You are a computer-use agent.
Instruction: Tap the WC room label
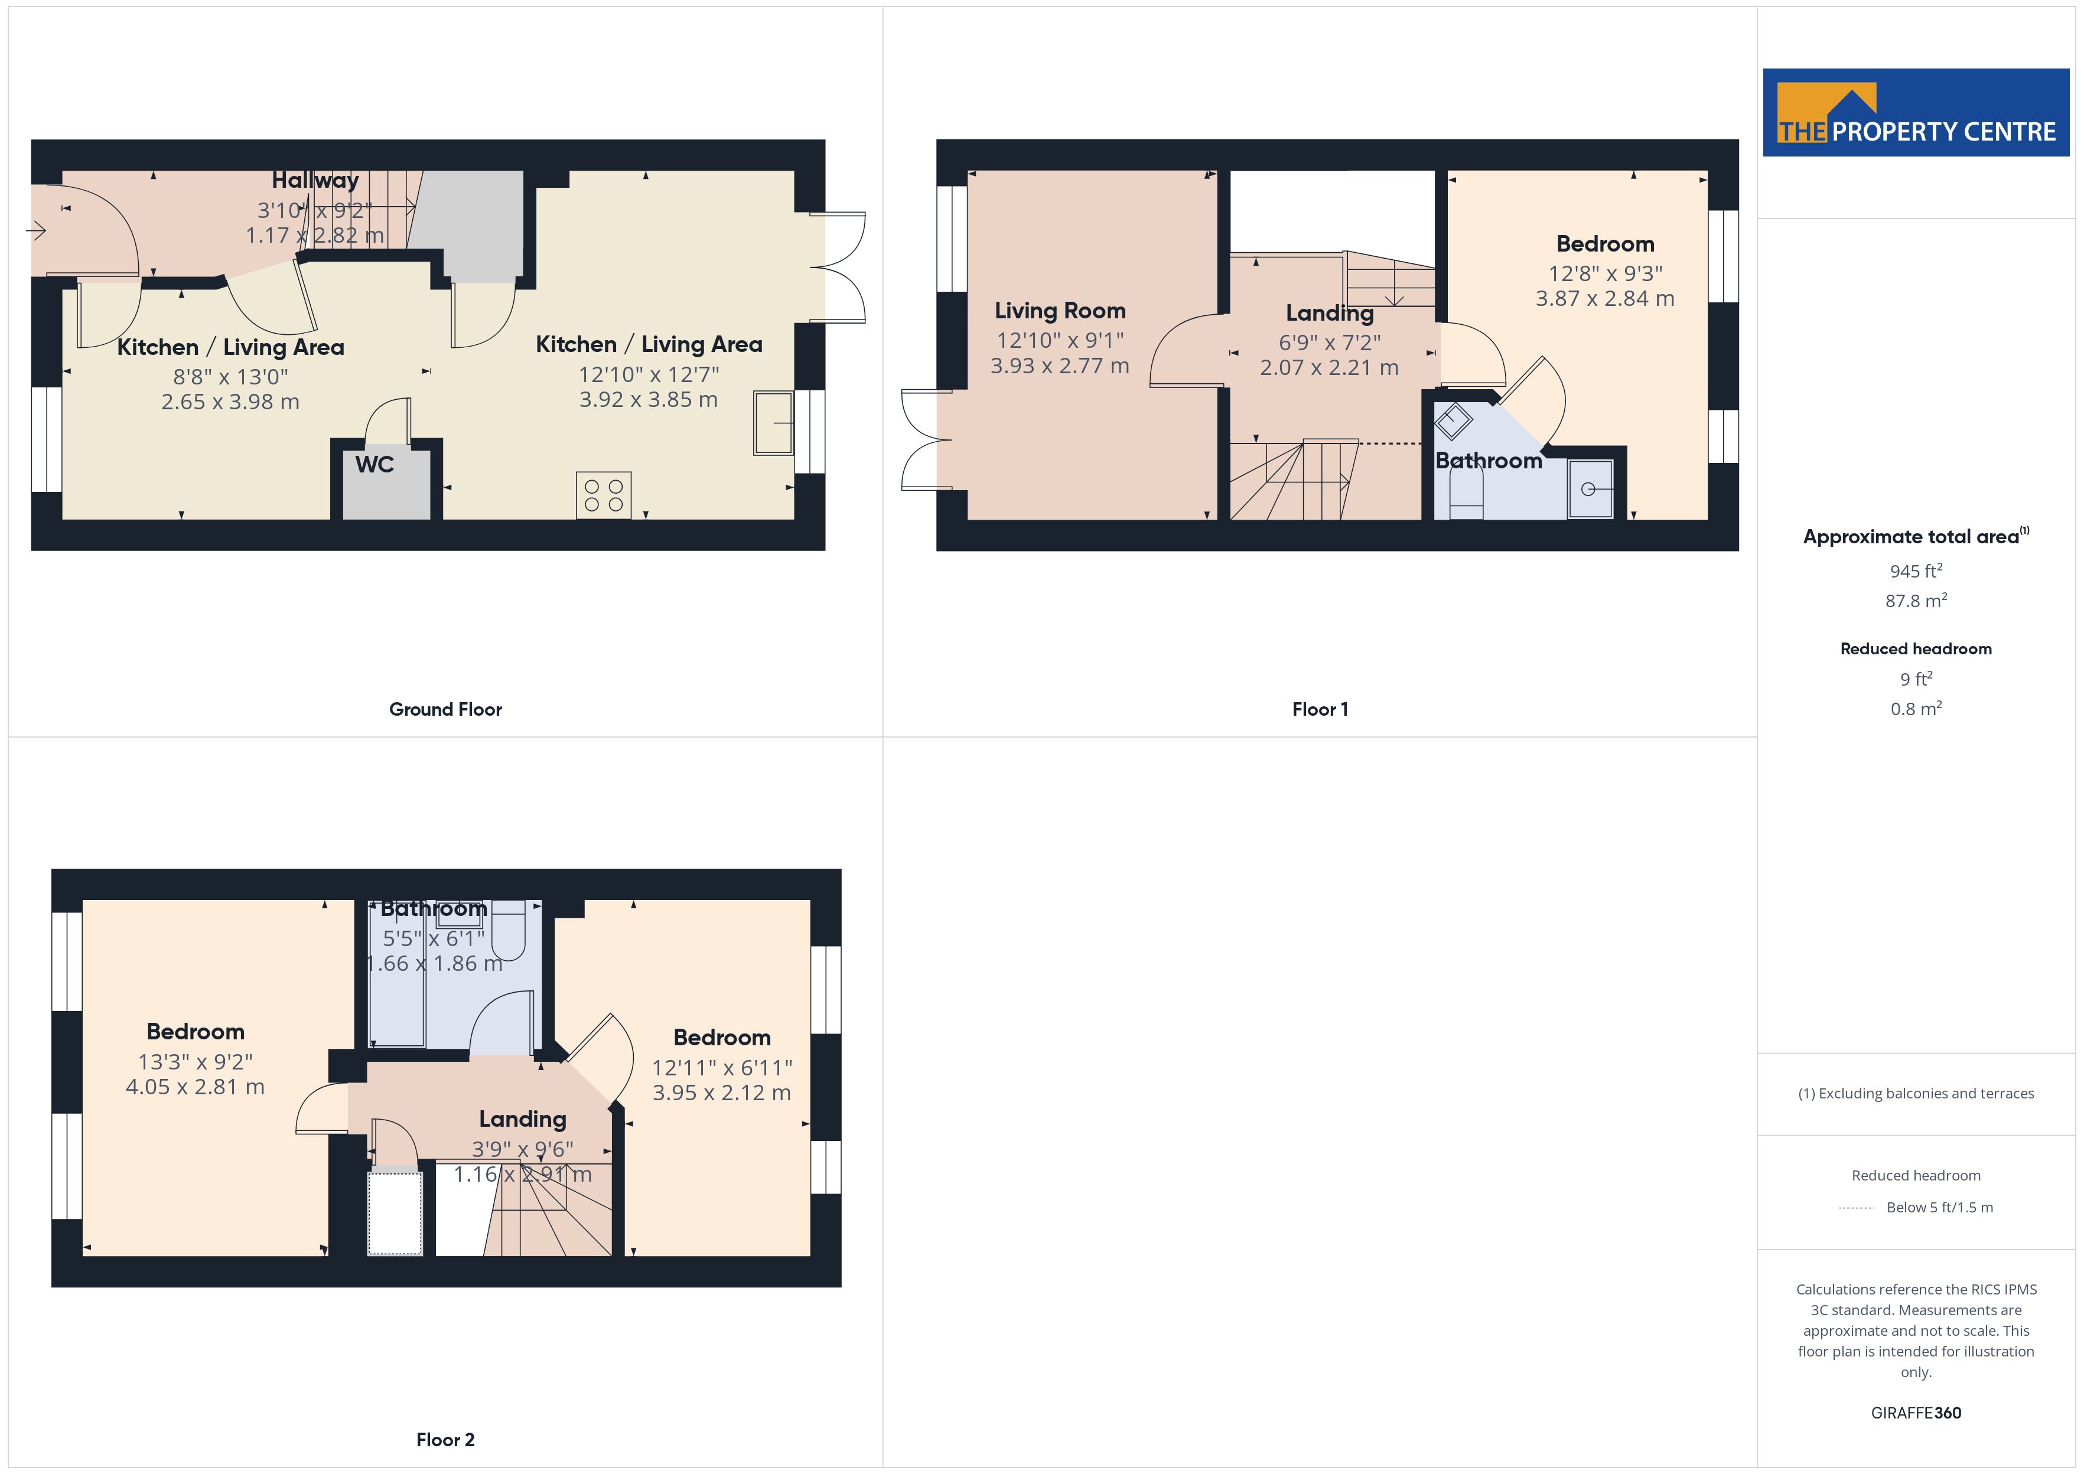(375, 465)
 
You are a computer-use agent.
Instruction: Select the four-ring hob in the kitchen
(604, 495)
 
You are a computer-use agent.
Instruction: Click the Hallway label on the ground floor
(315, 181)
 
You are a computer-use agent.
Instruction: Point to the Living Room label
(1060, 311)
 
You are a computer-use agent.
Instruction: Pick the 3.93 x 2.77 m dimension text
(1060, 366)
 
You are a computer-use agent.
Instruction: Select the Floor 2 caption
(445, 1440)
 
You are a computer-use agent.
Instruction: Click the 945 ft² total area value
(1916, 571)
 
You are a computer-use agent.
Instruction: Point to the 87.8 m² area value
(1916, 601)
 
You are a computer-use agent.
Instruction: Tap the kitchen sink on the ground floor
(773, 423)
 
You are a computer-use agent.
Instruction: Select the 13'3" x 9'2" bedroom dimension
(195, 1062)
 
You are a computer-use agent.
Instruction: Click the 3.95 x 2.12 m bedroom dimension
(722, 1093)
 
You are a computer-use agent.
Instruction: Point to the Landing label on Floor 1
(1330, 313)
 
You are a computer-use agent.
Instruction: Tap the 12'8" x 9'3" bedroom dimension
(1606, 273)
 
